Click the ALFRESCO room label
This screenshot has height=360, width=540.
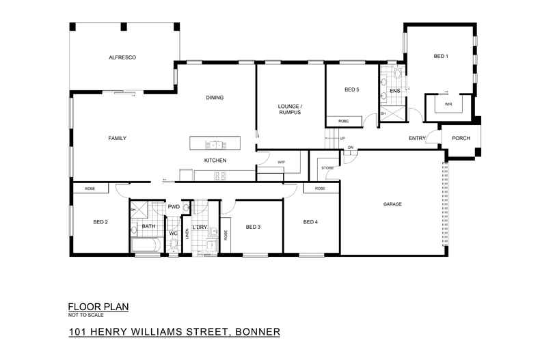coord(123,59)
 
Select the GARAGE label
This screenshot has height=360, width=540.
coord(392,204)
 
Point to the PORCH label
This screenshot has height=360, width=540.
coord(461,138)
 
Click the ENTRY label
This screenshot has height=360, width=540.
coord(417,138)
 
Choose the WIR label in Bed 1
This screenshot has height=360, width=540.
coord(448,105)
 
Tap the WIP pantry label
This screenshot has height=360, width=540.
coord(281,162)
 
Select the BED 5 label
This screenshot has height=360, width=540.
coord(351,89)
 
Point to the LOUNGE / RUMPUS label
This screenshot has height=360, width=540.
coord(290,109)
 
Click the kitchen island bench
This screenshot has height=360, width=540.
coord(215,144)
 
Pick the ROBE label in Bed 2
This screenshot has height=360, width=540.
coord(90,189)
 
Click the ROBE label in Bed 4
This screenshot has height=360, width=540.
coord(320,189)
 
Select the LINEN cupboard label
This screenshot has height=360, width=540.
coord(185,236)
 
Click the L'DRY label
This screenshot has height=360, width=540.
coord(200,227)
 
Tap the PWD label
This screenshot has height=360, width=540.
coord(174,206)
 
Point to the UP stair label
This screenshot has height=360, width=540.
coord(342,140)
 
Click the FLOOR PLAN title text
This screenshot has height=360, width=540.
coord(98,307)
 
